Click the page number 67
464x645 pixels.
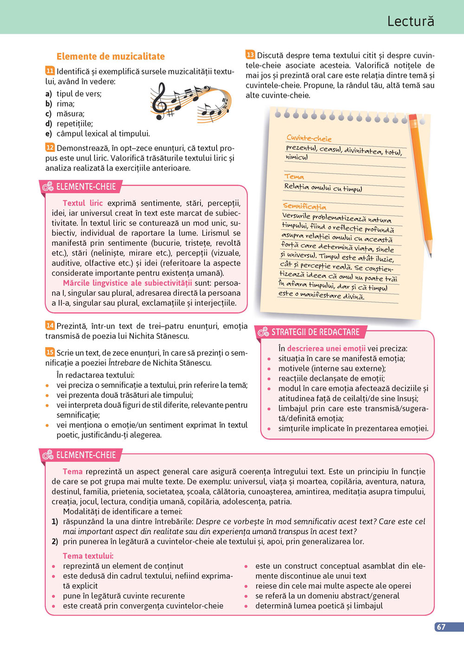click(441, 627)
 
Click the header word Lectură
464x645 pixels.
click(411, 21)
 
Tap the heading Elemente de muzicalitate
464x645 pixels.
click(110, 57)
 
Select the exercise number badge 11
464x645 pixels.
click(50, 71)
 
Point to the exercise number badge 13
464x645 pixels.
click(250, 55)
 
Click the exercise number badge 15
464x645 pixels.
click(50, 353)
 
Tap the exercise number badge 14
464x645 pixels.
click(50, 326)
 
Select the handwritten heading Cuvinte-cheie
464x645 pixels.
click(309, 138)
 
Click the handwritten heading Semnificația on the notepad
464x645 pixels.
click(304, 206)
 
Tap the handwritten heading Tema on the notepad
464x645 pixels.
click(294, 176)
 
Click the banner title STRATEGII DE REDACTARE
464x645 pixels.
click(315, 332)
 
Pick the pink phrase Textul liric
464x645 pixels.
click(83, 203)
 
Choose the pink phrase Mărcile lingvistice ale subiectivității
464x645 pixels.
click(127, 283)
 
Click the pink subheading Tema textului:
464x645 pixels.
click(88, 556)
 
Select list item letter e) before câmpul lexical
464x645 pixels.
click(49, 134)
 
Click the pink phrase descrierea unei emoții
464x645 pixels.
click(326, 348)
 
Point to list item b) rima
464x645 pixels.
click(49, 104)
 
